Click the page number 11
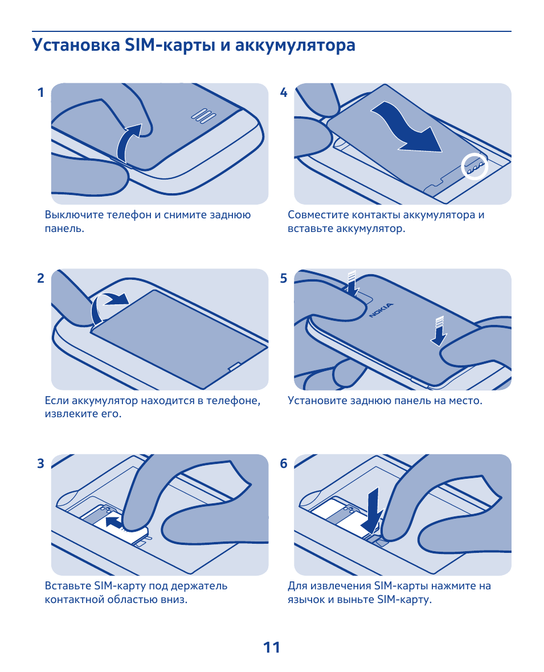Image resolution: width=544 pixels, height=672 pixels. (272, 647)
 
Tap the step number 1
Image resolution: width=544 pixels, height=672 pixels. (40, 92)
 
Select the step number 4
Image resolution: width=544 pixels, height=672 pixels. (284, 92)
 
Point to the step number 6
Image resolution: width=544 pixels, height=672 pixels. (284, 464)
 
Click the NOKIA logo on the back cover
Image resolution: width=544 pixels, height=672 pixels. (381, 310)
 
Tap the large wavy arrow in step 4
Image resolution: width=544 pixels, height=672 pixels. (407, 129)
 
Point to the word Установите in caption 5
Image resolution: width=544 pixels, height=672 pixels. (317, 401)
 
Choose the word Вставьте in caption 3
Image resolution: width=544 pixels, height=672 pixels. (68, 586)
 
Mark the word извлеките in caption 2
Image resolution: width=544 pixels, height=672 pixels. (71, 414)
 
